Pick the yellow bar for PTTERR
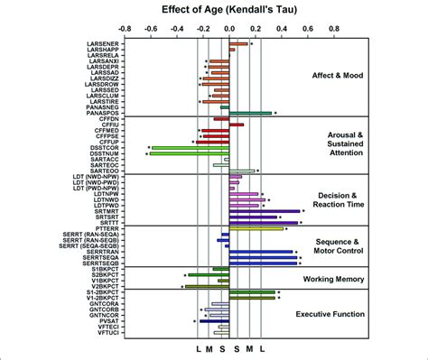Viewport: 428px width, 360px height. [x=256, y=228]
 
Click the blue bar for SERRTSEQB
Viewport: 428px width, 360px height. [x=262, y=263]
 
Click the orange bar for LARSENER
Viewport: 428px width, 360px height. [x=238, y=43]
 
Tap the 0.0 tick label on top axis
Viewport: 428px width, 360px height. [x=228, y=29]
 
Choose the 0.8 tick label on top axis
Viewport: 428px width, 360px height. [x=333, y=29]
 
